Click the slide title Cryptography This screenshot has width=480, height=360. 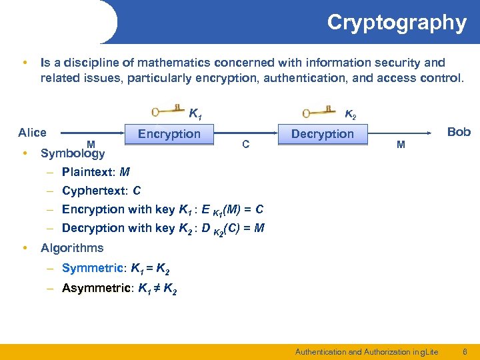click(x=396, y=23)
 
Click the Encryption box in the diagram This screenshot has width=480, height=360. click(x=169, y=134)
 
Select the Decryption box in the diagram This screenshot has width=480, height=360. click(x=323, y=134)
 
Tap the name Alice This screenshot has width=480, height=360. click(x=32, y=132)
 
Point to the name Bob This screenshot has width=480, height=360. click(x=459, y=132)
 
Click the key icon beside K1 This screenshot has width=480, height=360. click(x=166, y=111)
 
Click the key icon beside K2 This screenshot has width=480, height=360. click(x=317, y=111)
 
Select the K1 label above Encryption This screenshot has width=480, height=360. click(x=196, y=113)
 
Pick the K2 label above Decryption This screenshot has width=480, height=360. click(x=350, y=115)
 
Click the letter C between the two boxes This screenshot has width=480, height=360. click(x=246, y=144)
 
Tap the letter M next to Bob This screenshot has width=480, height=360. click(x=400, y=144)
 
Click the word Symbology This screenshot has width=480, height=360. click(x=73, y=153)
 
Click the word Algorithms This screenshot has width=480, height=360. click(x=72, y=248)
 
